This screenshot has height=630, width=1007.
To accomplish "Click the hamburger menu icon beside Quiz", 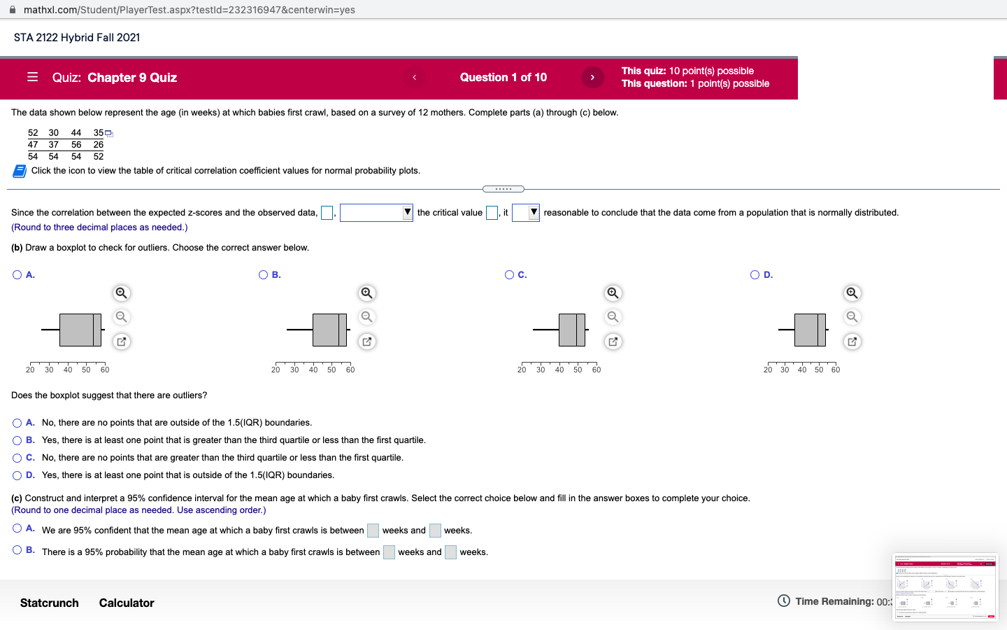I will pyautogui.click(x=32, y=77).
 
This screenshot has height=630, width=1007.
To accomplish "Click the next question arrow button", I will pyautogui.click(x=592, y=77).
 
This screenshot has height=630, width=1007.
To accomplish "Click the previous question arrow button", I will pyautogui.click(x=414, y=77).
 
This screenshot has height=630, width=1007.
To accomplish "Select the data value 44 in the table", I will pyautogui.click(x=76, y=133).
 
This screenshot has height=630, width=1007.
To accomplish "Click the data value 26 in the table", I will pyautogui.click(x=99, y=145).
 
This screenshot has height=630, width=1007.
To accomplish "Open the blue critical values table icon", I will pyautogui.click(x=20, y=171).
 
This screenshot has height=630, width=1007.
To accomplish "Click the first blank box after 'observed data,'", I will pyautogui.click(x=327, y=213).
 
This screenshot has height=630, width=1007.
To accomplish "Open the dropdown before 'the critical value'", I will pyautogui.click(x=376, y=213).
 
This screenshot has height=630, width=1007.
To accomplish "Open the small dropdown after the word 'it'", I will pyautogui.click(x=525, y=213).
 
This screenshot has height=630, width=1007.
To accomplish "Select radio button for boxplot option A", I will pyautogui.click(x=17, y=275).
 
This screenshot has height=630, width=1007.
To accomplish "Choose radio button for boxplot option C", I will pyautogui.click(x=509, y=275).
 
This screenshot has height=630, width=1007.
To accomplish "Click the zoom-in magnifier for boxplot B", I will pyautogui.click(x=366, y=293).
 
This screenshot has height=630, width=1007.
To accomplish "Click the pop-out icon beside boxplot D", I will pyautogui.click(x=852, y=342).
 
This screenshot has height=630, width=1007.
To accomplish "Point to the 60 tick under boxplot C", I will pyautogui.click(x=597, y=370).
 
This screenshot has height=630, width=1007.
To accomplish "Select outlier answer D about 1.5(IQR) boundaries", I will pyautogui.click(x=17, y=475).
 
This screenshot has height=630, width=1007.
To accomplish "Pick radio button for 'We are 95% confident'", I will pyautogui.click(x=17, y=529).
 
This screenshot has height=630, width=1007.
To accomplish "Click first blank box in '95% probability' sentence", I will pyautogui.click(x=389, y=552).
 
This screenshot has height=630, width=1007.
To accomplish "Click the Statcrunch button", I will pyautogui.click(x=50, y=603).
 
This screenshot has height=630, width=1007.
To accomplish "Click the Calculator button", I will pyautogui.click(x=127, y=603).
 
